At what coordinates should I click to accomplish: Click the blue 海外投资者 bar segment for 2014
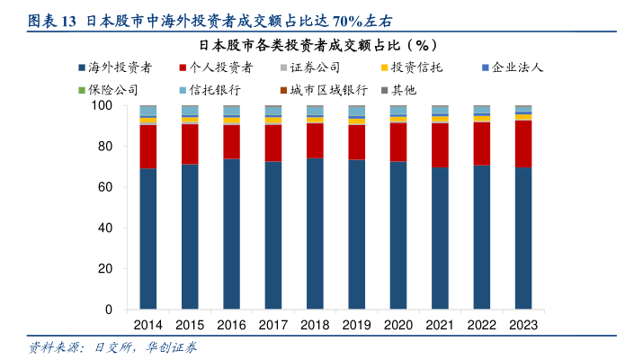tap(147, 238)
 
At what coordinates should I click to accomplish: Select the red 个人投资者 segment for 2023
tap(522, 144)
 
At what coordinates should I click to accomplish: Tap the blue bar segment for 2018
tap(315, 233)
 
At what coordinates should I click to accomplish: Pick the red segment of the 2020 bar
tap(397, 142)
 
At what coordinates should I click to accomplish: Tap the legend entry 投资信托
tap(415, 67)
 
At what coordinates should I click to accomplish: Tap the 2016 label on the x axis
tap(231, 325)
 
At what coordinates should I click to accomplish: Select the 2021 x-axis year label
tap(440, 325)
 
